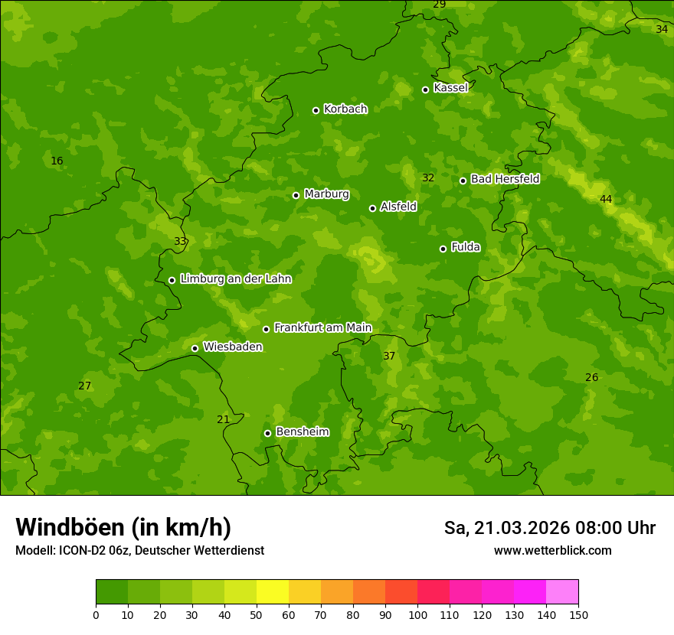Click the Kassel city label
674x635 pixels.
coord(450,88)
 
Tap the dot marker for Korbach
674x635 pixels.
coord(316,110)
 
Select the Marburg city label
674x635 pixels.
coord(326,194)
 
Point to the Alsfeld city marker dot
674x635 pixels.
coord(372,208)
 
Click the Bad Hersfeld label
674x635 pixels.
coord(505,179)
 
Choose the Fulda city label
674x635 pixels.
coord(466,247)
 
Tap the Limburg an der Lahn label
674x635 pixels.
coord(235,279)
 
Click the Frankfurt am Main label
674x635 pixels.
coord(322,327)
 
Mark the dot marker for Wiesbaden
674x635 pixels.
coord(195,348)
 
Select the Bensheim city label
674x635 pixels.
coord(302,431)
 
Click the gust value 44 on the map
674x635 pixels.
coord(606,200)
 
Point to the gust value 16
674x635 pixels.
coord(57,161)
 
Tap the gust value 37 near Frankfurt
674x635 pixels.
coord(389,357)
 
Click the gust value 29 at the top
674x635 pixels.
coord(439,5)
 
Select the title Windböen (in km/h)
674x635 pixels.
coord(123,527)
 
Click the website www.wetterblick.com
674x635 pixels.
coord(552,550)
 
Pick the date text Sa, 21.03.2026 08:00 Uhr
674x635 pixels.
coord(549,528)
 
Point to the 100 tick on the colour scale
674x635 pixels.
coord(417,614)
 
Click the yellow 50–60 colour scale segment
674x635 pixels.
coord(273,592)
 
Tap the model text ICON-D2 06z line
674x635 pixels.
coord(139,550)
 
